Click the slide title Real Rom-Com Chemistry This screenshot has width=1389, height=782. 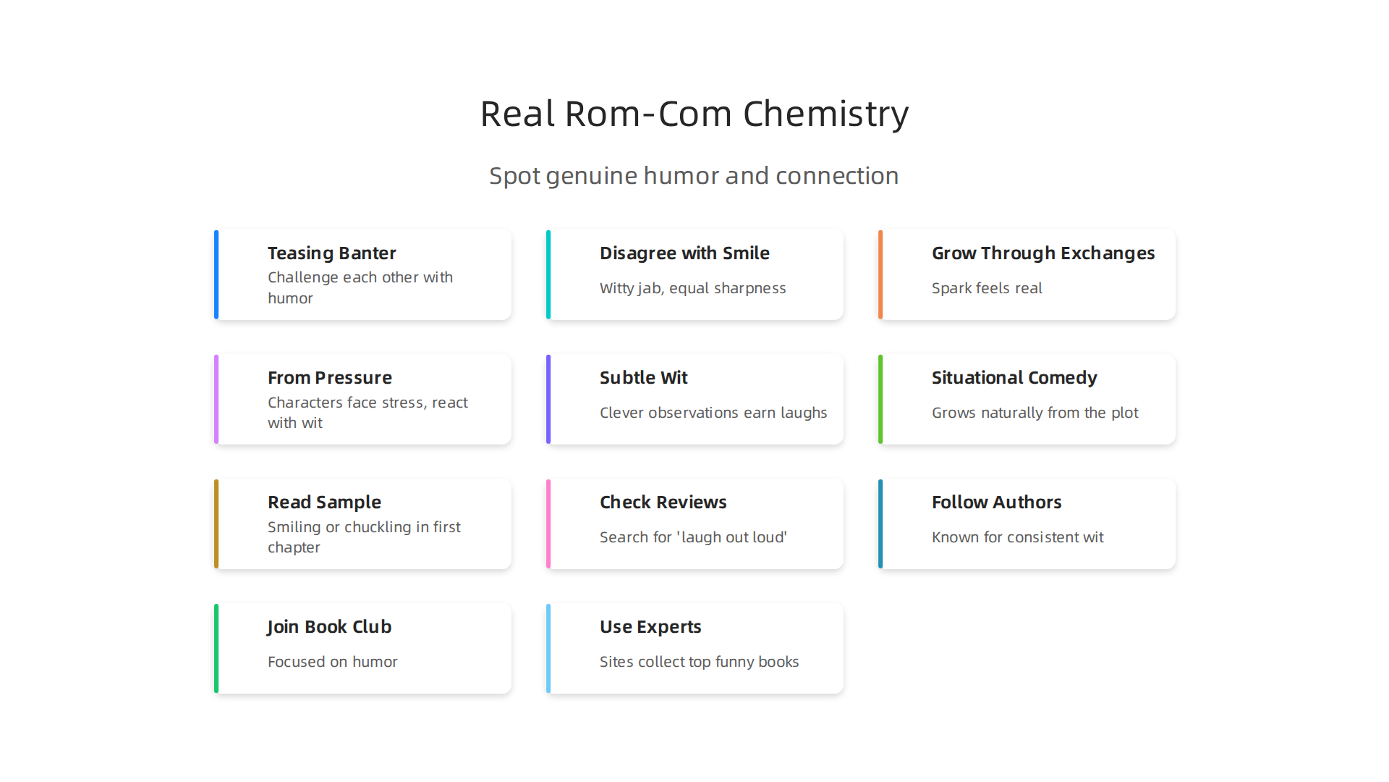point(694,114)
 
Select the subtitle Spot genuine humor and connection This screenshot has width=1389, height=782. point(694,176)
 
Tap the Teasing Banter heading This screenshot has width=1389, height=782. point(332,253)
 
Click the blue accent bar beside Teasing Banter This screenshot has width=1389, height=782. point(216,274)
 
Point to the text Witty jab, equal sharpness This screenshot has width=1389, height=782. point(692,288)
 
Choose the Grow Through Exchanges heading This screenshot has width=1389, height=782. point(1043,253)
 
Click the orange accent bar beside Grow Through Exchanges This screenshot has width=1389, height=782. point(880,274)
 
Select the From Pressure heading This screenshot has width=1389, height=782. point(330,378)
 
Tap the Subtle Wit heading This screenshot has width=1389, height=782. point(644,378)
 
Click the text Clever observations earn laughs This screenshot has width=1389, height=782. point(713,413)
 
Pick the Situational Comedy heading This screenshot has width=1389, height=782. point(1014,378)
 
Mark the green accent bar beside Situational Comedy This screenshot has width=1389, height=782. point(880,399)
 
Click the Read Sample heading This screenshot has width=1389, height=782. point(324,503)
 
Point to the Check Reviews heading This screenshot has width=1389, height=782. point(663,503)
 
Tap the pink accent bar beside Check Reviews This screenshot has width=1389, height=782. point(548,524)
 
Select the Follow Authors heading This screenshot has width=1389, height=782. point(997,503)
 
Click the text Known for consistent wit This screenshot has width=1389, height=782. point(1018,537)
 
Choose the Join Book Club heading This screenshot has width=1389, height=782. point(329,627)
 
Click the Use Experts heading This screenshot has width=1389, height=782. point(650,627)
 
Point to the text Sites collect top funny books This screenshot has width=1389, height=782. point(700,662)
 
